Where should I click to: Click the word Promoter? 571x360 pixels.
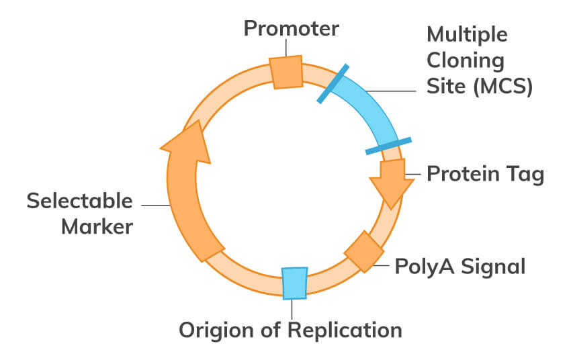(x=291, y=29)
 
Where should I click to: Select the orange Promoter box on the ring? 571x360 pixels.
(x=287, y=72)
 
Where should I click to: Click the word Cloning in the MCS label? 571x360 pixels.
(x=466, y=60)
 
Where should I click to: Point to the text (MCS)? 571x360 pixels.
(x=500, y=87)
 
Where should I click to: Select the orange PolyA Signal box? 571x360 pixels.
(x=363, y=251)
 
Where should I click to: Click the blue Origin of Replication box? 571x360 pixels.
(x=294, y=282)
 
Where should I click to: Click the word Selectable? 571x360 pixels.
(x=80, y=201)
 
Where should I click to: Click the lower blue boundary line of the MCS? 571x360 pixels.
(x=388, y=146)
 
